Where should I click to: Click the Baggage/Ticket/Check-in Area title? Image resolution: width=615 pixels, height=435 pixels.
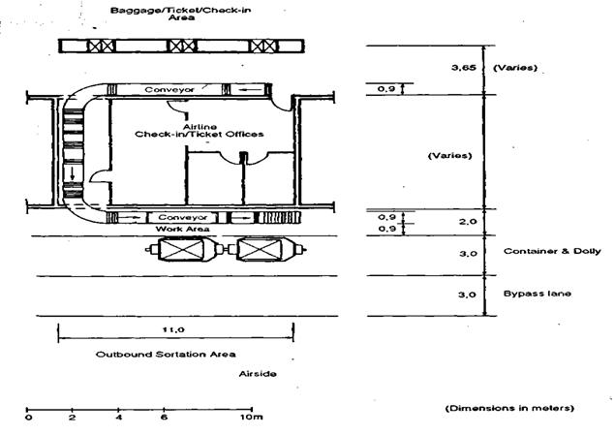click(x=180, y=14)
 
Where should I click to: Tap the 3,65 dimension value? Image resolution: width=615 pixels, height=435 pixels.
click(x=464, y=68)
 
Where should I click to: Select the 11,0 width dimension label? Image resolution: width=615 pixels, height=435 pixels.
click(x=173, y=329)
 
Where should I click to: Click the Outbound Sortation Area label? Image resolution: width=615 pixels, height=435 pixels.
click(x=166, y=355)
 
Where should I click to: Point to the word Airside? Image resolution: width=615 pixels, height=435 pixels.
click(x=258, y=374)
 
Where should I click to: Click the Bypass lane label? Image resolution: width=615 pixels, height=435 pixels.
click(x=538, y=294)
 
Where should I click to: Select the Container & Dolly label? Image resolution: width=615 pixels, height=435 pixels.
click(x=552, y=251)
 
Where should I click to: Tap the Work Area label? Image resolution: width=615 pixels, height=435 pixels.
click(x=182, y=229)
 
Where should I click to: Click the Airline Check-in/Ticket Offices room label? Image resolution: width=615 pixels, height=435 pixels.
click(x=200, y=131)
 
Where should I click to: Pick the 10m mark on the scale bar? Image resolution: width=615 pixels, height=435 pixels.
click(x=252, y=417)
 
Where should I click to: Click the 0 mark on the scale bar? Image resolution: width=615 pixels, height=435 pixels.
click(x=28, y=417)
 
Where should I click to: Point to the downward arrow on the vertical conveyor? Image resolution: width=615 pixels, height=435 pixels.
click(x=73, y=173)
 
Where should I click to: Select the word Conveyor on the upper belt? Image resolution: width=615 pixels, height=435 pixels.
click(x=169, y=89)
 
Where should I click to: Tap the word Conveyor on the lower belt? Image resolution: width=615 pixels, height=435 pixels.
click(x=183, y=217)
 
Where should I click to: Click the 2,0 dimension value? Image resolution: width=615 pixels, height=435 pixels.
click(x=468, y=222)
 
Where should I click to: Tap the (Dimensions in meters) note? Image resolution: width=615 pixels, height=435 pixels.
click(x=509, y=408)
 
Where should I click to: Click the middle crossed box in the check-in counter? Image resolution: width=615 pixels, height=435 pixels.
click(x=182, y=47)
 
